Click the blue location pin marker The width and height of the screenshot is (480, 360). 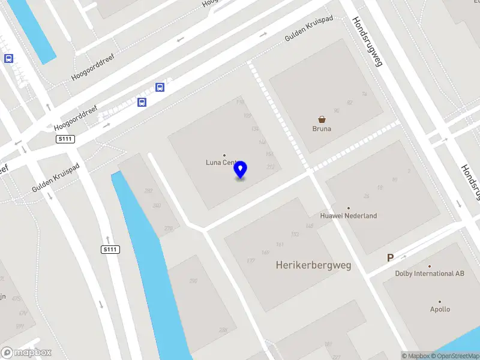[241, 170]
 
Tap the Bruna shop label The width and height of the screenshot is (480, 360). [322, 128]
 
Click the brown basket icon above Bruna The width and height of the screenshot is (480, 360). [322, 119]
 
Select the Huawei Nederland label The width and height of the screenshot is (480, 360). [348, 215]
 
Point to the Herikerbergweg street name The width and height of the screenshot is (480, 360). [313, 265]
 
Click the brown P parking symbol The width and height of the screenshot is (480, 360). [390, 258]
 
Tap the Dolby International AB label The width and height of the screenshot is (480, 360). [430, 274]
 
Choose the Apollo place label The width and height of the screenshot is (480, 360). [440, 310]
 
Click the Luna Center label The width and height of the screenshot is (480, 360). [220, 162]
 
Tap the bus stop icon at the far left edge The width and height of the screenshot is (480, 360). [9, 58]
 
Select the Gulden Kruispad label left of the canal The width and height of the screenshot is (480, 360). [55, 179]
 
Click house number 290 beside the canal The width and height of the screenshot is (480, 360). [193, 281]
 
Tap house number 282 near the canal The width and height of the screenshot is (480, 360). [148, 191]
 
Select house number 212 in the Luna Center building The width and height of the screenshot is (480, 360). [270, 167]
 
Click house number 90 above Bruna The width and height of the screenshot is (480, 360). [337, 110]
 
